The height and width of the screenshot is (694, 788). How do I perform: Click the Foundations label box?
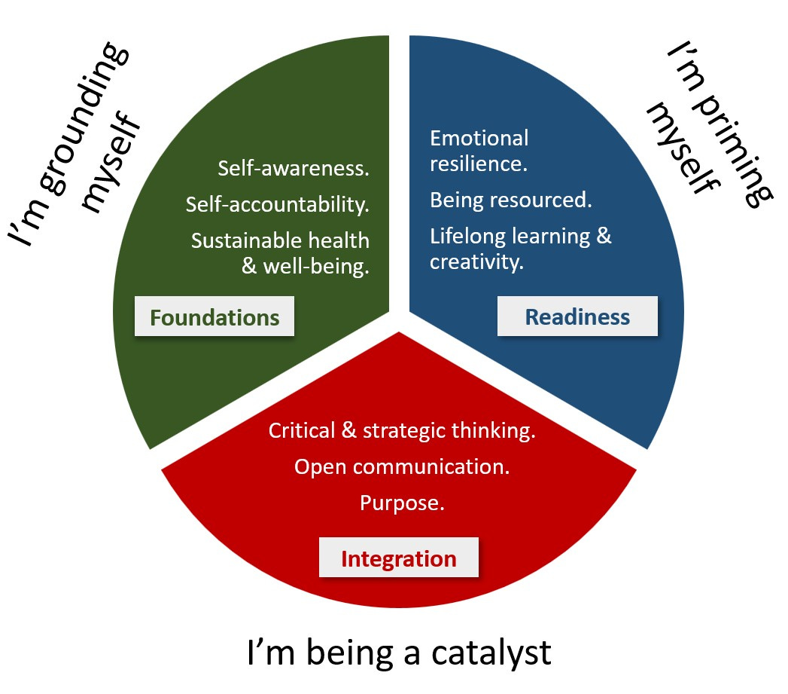tap(214, 317)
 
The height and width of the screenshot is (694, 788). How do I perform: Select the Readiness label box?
tap(577, 316)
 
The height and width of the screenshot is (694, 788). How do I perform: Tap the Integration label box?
tap(399, 558)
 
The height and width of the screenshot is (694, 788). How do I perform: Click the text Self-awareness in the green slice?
tap(294, 168)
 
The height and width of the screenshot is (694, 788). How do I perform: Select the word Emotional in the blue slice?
tap(479, 139)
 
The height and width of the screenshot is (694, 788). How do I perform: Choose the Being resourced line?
tap(511, 200)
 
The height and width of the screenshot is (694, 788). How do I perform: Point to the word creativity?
tap(476, 263)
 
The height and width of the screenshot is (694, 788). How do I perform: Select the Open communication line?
tap(402, 466)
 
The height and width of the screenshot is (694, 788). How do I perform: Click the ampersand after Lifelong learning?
tap(604, 237)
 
